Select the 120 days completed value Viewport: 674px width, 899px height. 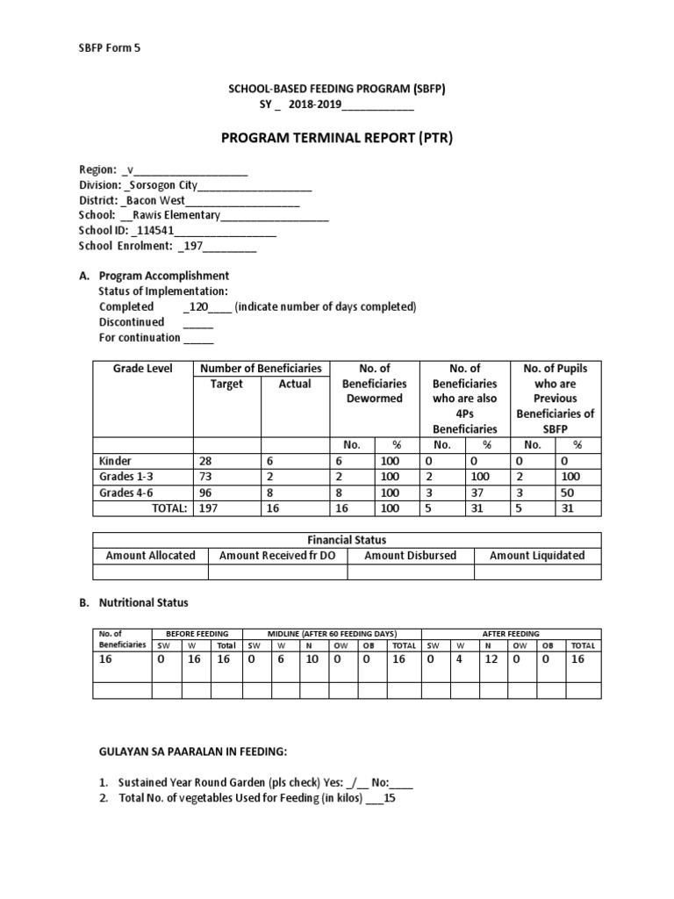[197, 306]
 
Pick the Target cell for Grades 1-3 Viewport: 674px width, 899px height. [208, 476]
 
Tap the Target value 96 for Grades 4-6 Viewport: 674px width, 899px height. [208, 492]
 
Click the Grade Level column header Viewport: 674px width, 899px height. [143, 369]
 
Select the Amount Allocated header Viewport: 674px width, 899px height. [151, 555]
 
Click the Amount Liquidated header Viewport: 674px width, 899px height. [537, 555]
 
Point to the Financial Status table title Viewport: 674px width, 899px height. [347, 540]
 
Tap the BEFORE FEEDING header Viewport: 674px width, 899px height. [191, 633]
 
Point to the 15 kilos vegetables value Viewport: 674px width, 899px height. [391, 799]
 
